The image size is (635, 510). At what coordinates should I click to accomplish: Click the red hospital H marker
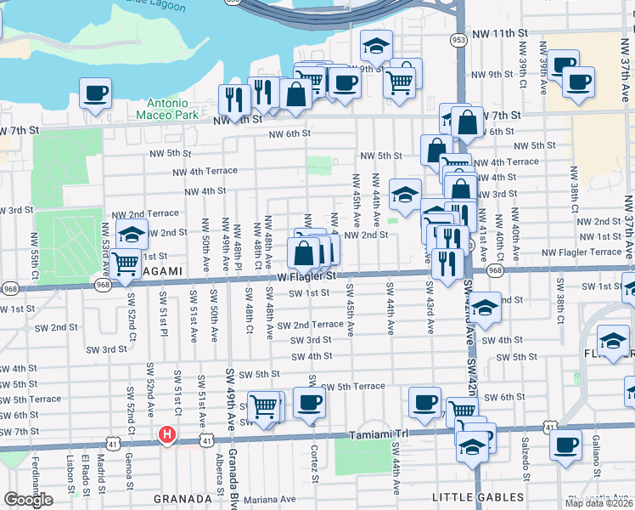[167, 435]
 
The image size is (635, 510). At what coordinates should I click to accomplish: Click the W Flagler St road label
[306, 276]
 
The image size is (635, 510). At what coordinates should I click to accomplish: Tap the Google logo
[28, 500]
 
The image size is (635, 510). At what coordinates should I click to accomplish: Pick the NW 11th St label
[509, 32]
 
